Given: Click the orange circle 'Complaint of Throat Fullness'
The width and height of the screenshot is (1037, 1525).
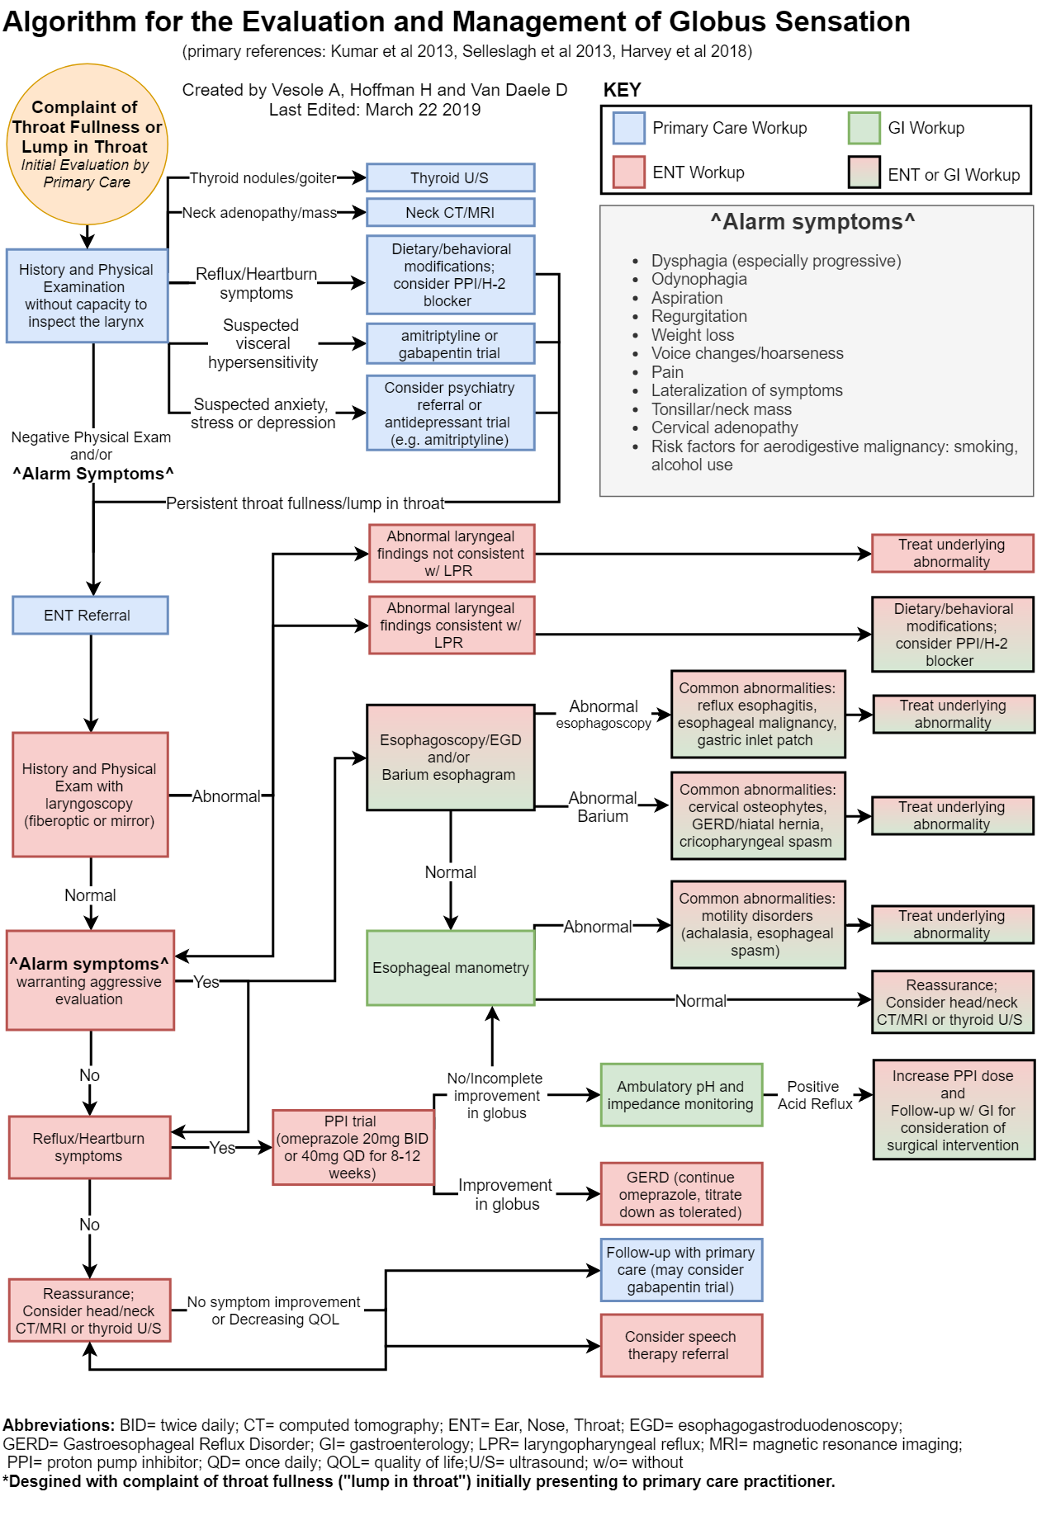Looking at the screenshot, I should coord(87,144).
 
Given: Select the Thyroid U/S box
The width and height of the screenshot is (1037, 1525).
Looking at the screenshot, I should coord(450,177).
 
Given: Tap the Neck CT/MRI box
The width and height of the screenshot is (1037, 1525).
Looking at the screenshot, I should coord(450,212).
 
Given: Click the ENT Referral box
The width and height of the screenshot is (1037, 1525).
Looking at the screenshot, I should coord(90,616).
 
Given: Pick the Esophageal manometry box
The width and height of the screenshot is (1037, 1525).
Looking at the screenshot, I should coord(450,968).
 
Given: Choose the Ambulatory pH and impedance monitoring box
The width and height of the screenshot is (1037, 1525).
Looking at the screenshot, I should coord(681,1095).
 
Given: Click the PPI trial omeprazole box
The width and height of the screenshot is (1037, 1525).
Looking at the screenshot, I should coord(353,1147).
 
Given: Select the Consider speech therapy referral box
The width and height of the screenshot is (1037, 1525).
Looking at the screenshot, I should coord(681,1345).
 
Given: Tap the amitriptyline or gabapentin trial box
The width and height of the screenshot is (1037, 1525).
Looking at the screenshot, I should coord(450,344).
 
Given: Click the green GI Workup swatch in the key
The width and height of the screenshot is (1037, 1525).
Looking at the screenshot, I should coord(864,128).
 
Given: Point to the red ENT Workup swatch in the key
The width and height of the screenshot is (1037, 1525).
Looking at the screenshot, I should coord(628,172).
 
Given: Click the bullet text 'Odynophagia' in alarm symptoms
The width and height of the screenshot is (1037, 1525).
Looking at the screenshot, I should coord(698,279).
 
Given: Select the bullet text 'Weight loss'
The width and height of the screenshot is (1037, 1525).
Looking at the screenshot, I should coord(692,335).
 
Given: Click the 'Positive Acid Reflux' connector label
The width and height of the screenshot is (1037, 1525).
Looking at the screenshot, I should coord(814,1095).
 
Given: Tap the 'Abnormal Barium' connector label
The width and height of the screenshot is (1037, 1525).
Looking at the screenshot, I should coord(603,807).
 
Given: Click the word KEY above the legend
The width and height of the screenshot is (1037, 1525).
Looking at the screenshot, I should coord(622,90).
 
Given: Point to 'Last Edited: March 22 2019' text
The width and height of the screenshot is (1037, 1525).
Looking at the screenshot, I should coord(375,110).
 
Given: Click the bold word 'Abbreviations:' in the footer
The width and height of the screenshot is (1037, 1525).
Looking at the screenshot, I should coord(59,1425).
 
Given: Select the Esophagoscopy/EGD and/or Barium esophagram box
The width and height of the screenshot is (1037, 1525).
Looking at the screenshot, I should coord(450,757).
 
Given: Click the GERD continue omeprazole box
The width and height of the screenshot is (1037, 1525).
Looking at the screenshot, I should coord(681,1194).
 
